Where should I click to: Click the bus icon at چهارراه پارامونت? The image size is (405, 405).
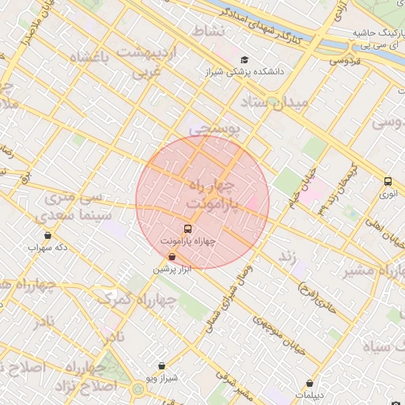click(x=187, y=229)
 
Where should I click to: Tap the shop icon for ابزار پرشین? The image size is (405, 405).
click(x=172, y=256)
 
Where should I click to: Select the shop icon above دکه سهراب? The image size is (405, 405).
click(x=47, y=235)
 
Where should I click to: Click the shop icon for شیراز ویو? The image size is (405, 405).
click(x=162, y=366)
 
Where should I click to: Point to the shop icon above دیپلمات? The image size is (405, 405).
click(x=308, y=383)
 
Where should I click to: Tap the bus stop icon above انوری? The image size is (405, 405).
click(x=388, y=181)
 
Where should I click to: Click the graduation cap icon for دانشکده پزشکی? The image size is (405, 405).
click(x=244, y=60)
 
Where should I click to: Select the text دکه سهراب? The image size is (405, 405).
click(x=45, y=248)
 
